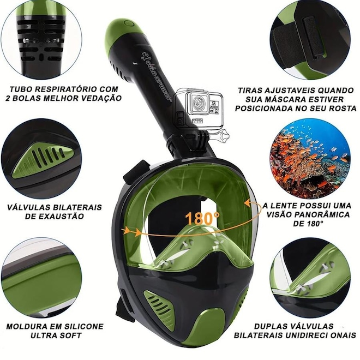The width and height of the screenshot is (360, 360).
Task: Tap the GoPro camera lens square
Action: click(x=197, y=103)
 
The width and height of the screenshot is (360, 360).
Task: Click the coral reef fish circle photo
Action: click(x=310, y=158)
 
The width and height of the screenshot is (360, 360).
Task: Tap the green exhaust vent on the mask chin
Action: click(x=158, y=303)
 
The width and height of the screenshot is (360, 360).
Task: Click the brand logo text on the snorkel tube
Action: click(x=155, y=75)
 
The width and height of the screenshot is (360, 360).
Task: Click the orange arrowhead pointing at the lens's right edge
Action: click(x=247, y=203)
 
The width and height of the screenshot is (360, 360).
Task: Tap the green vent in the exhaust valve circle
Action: click(x=44, y=160)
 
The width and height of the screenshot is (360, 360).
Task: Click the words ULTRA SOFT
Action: click(x=57, y=335)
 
